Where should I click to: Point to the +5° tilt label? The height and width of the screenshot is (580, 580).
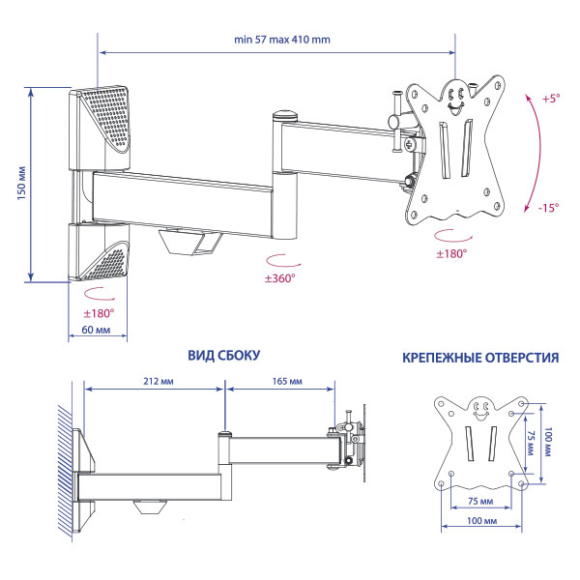(x=550, y=99)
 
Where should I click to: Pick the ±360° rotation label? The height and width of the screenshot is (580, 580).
(x=280, y=279)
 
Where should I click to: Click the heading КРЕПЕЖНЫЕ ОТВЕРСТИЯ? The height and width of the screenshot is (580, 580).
(x=479, y=358)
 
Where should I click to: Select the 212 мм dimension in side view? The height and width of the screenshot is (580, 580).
(x=155, y=381)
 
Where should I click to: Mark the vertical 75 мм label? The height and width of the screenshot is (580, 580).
(x=532, y=442)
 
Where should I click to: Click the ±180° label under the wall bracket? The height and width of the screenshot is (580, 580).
(x=98, y=313)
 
